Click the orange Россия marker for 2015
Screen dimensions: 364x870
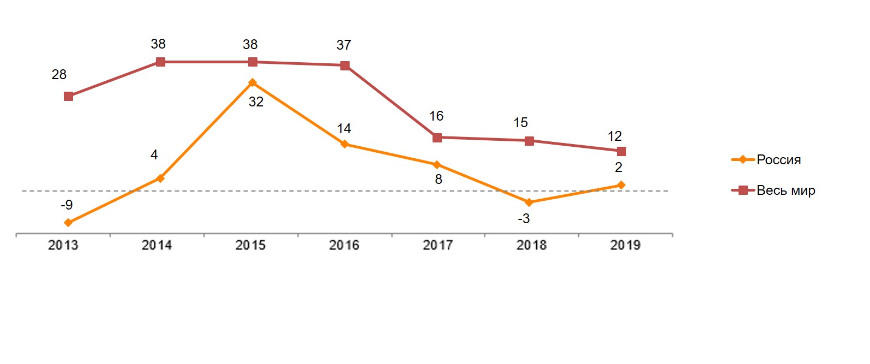[x=253, y=83]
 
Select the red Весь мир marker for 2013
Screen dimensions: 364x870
[x=68, y=97]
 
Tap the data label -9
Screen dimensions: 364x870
[x=67, y=205]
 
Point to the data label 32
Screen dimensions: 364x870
[x=256, y=102]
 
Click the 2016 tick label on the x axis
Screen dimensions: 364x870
[x=344, y=246]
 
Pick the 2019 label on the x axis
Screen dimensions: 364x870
[x=625, y=246]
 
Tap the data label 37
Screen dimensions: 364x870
[x=344, y=45]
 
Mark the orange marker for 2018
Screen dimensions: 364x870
[x=529, y=202]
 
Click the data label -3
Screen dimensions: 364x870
[x=524, y=219]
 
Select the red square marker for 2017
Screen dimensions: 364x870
[x=437, y=138]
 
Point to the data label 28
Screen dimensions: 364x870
[x=59, y=75]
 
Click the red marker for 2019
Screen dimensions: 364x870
[x=621, y=151]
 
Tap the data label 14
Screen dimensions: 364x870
[x=344, y=129]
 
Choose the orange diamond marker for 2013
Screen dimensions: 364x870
[x=68, y=223]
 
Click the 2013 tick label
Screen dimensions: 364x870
[x=63, y=246]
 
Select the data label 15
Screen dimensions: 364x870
[x=520, y=123]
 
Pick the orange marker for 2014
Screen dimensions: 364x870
[x=160, y=178]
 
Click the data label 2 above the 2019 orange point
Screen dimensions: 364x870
[x=619, y=168]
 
